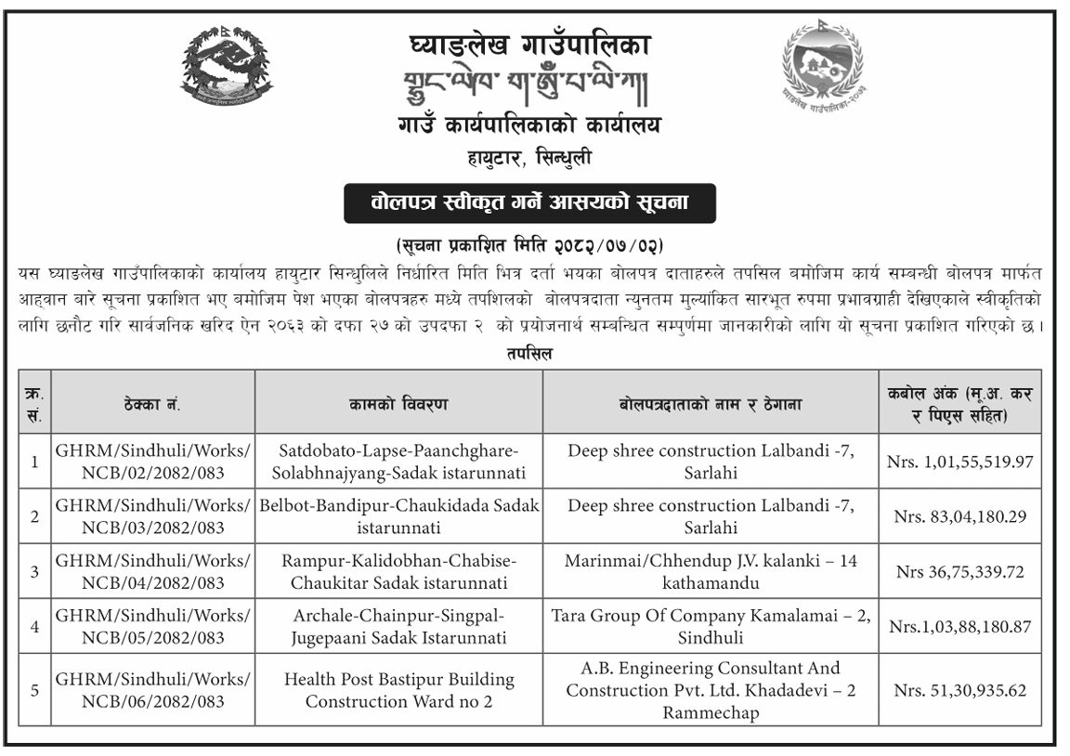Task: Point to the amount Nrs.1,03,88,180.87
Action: [x=960, y=627]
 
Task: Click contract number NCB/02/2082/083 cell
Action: [x=153, y=461]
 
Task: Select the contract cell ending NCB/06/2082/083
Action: [x=153, y=690]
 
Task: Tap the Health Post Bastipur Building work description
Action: [x=399, y=690]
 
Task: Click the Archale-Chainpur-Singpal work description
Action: [x=399, y=627]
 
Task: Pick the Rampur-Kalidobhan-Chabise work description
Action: [x=399, y=571]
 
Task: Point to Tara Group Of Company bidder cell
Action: [x=711, y=627]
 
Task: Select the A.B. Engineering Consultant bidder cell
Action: [x=711, y=690]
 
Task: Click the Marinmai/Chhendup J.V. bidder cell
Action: [x=711, y=571]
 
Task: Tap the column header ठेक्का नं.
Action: [x=151, y=405]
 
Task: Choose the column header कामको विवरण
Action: [x=399, y=405]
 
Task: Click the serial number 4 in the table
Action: [x=34, y=627]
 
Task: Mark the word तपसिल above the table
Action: [x=530, y=354]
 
